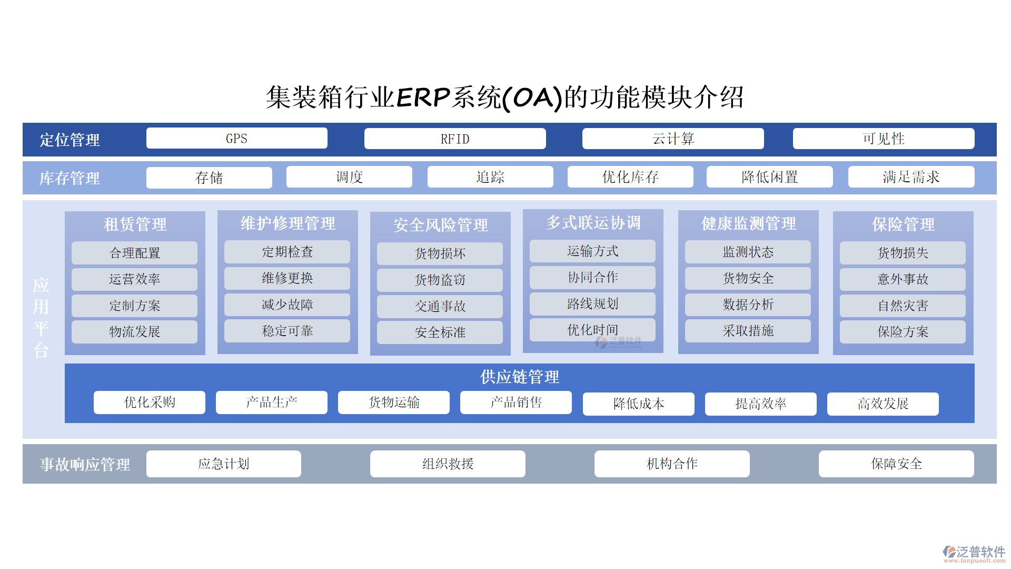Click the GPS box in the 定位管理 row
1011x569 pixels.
point(236,139)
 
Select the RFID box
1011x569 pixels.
point(455,139)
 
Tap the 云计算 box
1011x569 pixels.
point(673,139)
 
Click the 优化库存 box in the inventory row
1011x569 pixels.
point(630,177)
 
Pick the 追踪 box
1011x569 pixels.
point(490,177)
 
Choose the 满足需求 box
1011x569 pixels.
point(911,177)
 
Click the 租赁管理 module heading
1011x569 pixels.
point(135,224)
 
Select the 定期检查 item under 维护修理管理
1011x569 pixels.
point(287,252)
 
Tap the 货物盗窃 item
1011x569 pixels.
point(440,280)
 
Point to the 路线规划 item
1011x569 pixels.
point(592,304)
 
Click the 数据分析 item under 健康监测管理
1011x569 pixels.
point(748,305)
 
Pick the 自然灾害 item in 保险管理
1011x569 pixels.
point(903,306)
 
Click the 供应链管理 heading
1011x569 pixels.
point(520,377)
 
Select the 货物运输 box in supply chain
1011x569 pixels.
point(394,403)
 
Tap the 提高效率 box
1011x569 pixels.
point(761,404)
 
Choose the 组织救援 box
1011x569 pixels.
point(448,464)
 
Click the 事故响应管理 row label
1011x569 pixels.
point(85,464)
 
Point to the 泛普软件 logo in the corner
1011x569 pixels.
point(974,554)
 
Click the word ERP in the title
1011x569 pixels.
point(423,97)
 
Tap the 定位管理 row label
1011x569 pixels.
point(70,140)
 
